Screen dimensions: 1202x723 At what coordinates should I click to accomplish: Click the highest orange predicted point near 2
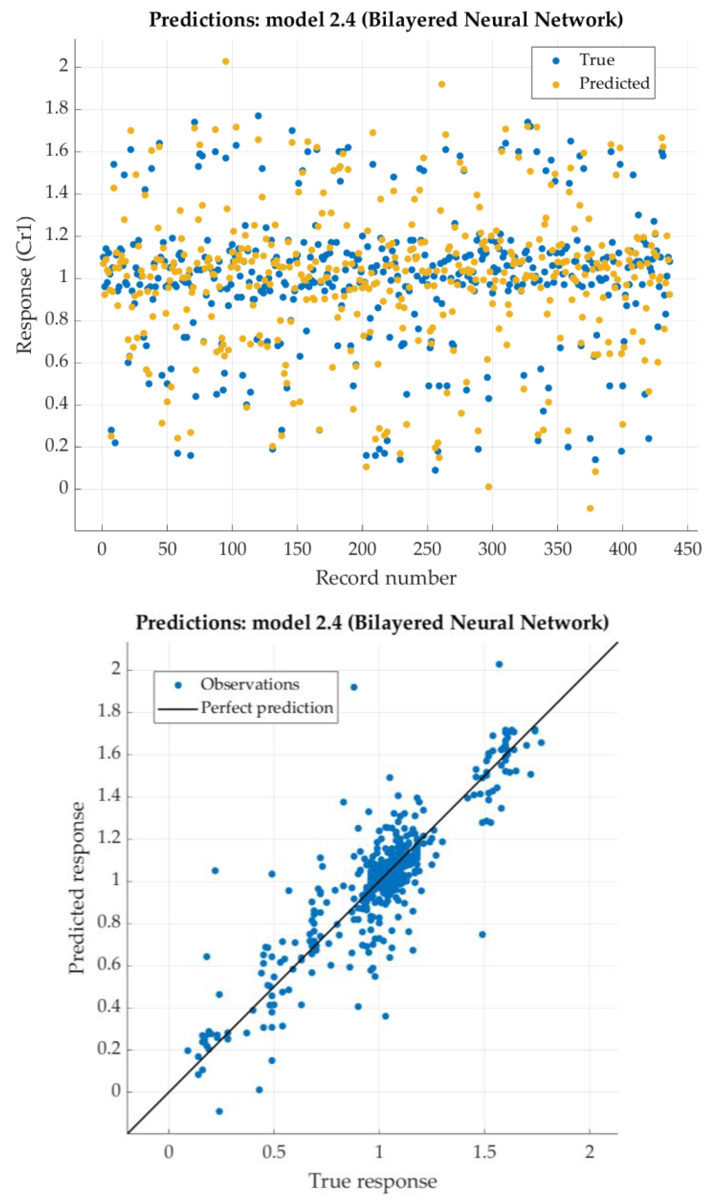click(x=226, y=61)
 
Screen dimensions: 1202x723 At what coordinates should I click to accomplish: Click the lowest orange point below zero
click(x=590, y=508)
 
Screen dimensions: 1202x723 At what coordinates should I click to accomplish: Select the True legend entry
click(x=596, y=60)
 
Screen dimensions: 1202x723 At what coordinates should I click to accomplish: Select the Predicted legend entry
click(x=614, y=83)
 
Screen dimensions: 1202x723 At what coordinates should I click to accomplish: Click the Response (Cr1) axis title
click(x=25, y=285)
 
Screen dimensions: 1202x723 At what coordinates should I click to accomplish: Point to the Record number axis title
click(x=386, y=578)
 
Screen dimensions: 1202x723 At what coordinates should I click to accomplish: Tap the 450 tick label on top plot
click(x=687, y=549)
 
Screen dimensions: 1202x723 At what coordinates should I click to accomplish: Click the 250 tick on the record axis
click(x=427, y=549)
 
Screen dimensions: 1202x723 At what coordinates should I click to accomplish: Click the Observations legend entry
click(x=250, y=684)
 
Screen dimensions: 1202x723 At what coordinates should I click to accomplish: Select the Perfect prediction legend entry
click(x=266, y=708)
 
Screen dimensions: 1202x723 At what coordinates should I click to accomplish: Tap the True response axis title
click(x=373, y=1181)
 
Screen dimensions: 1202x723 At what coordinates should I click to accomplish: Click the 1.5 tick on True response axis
click(x=484, y=1151)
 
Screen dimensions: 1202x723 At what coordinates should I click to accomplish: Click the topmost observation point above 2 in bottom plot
click(x=499, y=664)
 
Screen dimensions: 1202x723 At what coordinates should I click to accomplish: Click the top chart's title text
click(x=386, y=20)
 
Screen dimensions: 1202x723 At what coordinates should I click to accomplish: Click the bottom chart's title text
click(x=372, y=623)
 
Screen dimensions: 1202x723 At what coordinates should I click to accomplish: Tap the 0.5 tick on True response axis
click(x=274, y=1151)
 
